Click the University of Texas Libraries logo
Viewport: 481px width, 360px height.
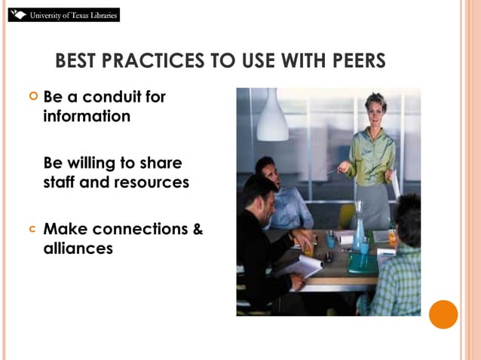(63, 14)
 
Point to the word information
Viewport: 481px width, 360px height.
(87, 117)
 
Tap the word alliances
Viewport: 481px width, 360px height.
(78, 248)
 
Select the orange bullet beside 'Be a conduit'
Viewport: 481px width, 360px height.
(32, 97)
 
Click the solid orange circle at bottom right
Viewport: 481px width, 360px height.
(443, 314)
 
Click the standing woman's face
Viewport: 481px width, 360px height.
(375, 106)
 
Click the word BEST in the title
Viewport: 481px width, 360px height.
(78, 61)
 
